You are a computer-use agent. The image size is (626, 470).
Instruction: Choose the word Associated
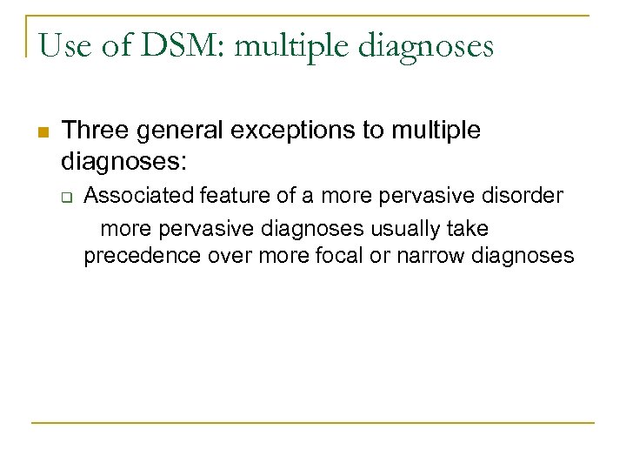point(139,196)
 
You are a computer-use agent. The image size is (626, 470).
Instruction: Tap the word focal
point(322,257)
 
